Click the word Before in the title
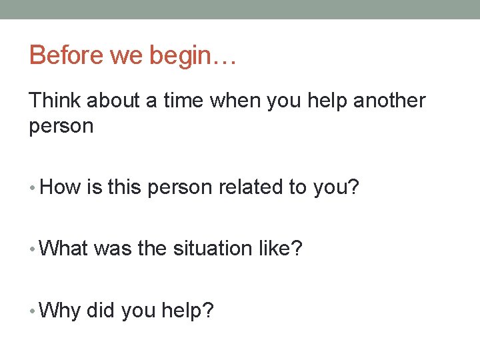(x=67, y=55)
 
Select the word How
(x=61, y=187)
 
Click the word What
(x=65, y=248)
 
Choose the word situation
(x=213, y=248)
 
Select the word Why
(x=60, y=310)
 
